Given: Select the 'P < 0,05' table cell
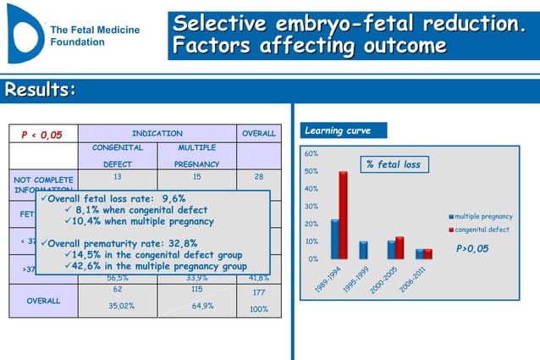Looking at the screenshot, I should [x=42, y=135].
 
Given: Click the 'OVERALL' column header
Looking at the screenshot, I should [x=259, y=134].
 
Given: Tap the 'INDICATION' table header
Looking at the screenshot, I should [x=157, y=134].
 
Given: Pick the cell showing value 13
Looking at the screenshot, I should [x=117, y=177].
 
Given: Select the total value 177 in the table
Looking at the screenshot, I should [x=259, y=293].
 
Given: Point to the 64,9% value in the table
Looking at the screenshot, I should [x=202, y=306].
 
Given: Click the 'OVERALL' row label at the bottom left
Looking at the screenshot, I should [x=42, y=301].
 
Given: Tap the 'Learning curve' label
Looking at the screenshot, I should [x=336, y=131].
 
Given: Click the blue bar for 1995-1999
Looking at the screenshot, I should [x=363, y=250].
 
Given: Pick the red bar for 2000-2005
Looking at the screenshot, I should [x=399, y=247].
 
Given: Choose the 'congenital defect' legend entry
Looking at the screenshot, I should [x=481, y=230].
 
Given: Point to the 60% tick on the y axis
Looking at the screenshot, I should [x=311, y=154].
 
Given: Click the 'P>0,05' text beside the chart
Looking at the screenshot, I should [x=473, y=249].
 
